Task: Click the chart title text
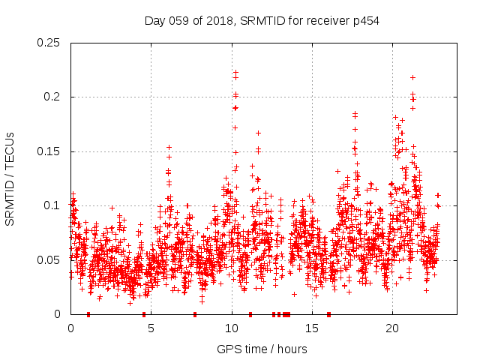[x=262, y=21]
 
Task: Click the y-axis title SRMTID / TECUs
[x=10, y=178]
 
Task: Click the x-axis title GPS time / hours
[x=262, y=349]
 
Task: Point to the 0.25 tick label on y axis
[x=50, y=43]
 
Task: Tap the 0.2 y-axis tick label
[x=53, y=97]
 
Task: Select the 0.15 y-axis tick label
[x=50, y=151]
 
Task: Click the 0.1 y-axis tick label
[x=53, y=205]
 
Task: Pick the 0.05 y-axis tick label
[x=50, y=260]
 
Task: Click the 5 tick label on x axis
[x=151, y=328]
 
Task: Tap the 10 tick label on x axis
[x=231, y=328]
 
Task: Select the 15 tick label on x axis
[x=311, y=328]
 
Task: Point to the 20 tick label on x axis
[x=391, y=328]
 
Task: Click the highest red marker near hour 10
[x=235, y=73]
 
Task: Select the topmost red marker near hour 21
[x=412, y=77]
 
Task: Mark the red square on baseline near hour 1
[x=88, y=314]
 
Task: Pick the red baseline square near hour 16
[x=328, y=314]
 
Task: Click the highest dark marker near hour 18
[x=355, y=113]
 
